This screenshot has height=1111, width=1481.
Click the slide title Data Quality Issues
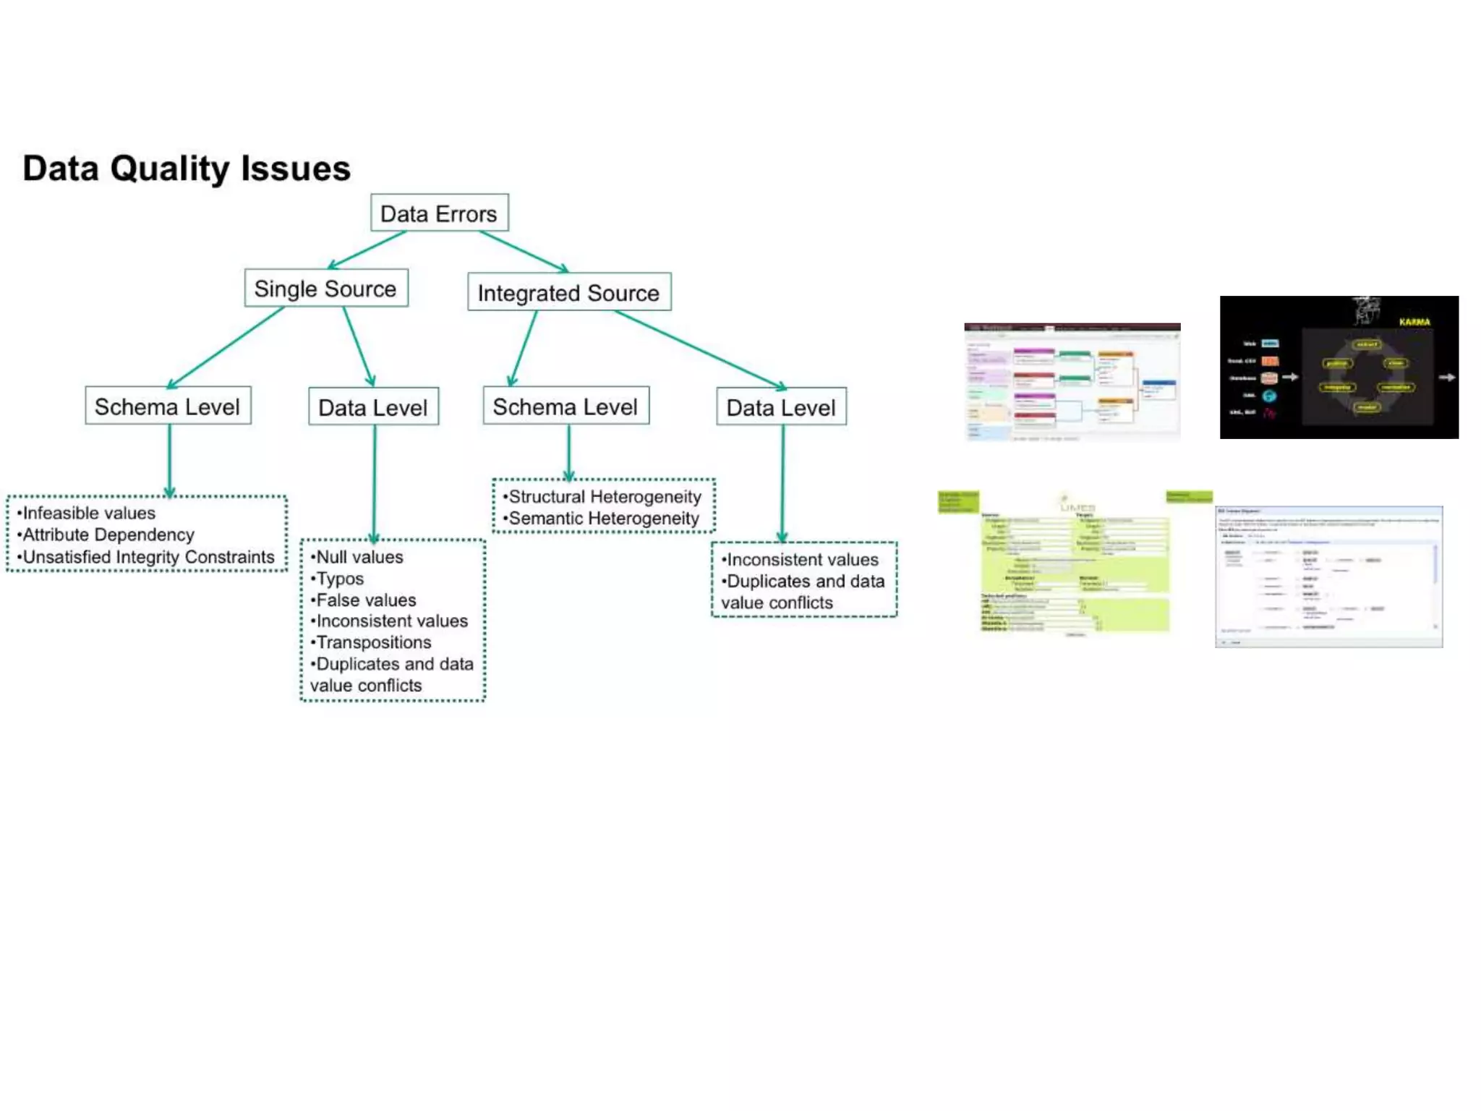click(187, 169)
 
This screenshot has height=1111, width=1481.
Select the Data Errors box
click(439, 213)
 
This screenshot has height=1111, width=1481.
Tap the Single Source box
click(325, 289)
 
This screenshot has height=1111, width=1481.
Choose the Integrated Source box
click(568, 292)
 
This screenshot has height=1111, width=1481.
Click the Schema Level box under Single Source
click(168, 406)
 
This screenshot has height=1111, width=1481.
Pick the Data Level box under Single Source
click(373, 407)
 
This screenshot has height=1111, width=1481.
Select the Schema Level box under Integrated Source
click(565, 406)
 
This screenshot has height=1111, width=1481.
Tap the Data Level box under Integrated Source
click(781, 407)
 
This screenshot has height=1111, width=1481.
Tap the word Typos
click(340, 579)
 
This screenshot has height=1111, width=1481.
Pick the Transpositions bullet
click(373, 642)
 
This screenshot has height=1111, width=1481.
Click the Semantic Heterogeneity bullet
click(603, 519)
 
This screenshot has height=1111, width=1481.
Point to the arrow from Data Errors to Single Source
click(367, 250)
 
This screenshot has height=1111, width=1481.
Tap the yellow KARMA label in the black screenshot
click(1414, 322)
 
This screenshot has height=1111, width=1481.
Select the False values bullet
click(366, 600)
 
